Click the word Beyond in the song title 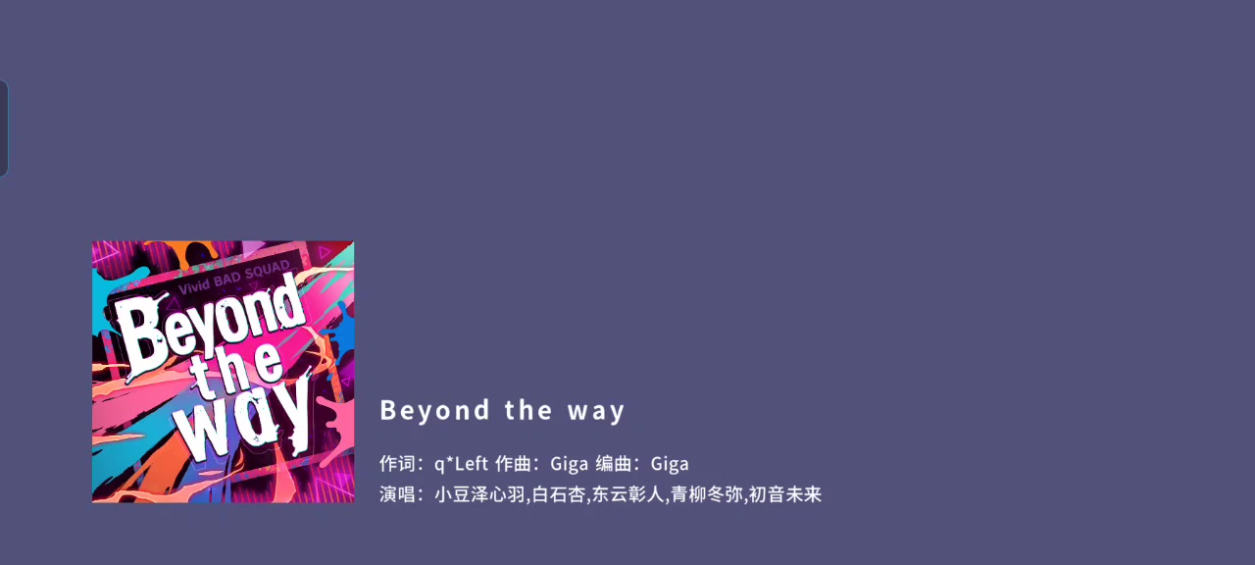click(434, 410)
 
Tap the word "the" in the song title click(528, 410)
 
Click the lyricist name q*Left click(461, 464)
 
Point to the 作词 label click(397, 464)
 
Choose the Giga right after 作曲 click(570, 464)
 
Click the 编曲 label click(614, 464)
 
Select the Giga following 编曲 click(670, 464)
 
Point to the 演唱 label click(397, 494)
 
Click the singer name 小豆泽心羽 click(479, 494)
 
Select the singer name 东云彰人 click(627, 494)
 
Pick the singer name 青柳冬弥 click(707, 494)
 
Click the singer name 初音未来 click(785, 494)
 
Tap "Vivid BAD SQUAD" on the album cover click(234, 278)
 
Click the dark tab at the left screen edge click(3, 128)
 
